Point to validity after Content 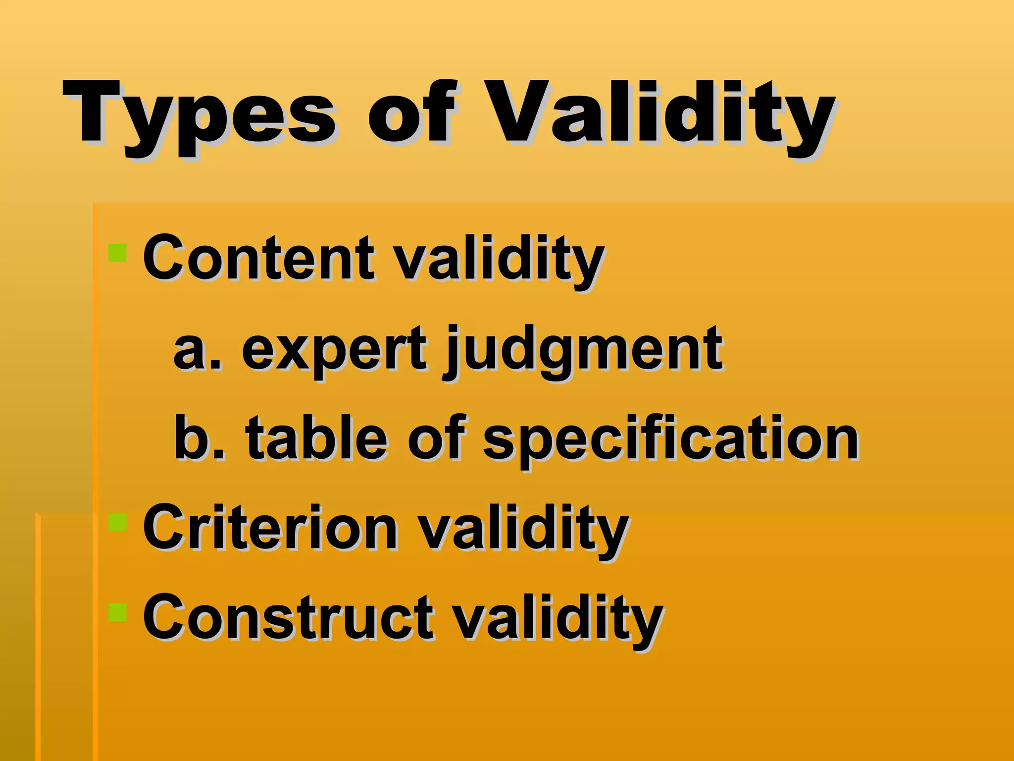tap(500, 260)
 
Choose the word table tap(317, 438)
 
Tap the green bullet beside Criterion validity tap(118, 522)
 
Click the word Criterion tap(270, 527)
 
